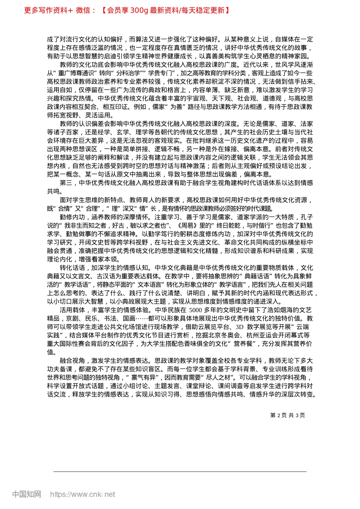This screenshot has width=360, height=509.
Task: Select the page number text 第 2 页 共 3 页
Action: [x=288, y=415]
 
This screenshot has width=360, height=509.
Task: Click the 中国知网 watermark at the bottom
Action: [x=27, y=494]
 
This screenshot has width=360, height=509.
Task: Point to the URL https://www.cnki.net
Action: [x=83, y=494]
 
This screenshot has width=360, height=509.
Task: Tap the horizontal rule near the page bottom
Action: [x=180, y=472]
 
